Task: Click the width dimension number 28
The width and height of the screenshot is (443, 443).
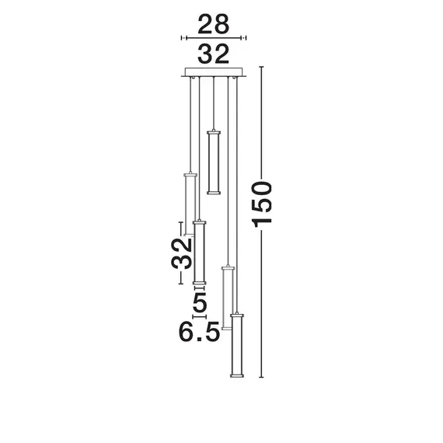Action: [213, 25]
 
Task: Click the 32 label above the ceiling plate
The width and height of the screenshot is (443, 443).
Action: [213, 54]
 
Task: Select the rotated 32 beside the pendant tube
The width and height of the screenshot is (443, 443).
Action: [182, 253]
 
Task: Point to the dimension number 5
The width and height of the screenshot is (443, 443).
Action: [200, 299]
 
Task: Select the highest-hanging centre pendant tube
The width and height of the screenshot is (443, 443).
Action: [214, 161]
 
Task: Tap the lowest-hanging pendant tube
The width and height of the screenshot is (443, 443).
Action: [235, 346]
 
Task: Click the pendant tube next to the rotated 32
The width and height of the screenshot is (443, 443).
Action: [200, 253]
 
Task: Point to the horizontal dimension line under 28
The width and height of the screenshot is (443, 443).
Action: [213, 37]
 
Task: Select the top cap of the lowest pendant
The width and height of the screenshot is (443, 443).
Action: [235, 314]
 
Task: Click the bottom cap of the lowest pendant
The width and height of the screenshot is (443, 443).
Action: [235, 377]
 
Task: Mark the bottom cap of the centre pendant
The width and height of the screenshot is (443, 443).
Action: [214, 191]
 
